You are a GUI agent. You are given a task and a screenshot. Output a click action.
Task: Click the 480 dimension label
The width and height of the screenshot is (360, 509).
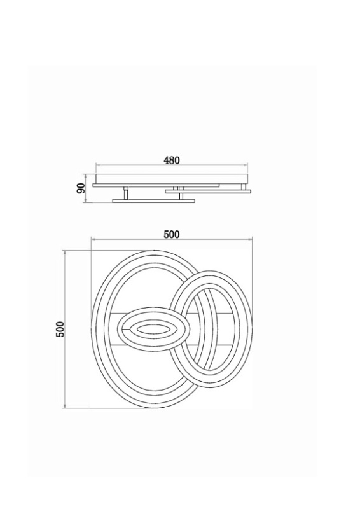coord(172,160)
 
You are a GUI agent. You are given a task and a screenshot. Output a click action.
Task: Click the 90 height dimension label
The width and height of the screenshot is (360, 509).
coord(81,188)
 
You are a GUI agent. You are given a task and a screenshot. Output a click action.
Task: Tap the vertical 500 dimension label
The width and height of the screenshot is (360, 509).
coord(60,330)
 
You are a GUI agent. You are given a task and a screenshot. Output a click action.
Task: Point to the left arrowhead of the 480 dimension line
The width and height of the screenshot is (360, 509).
coord(97,165)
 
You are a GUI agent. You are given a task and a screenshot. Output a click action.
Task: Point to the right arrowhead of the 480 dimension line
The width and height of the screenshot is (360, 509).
coord(247,165)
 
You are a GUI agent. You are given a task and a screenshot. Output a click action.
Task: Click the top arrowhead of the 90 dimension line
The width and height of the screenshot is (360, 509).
coord(85,176)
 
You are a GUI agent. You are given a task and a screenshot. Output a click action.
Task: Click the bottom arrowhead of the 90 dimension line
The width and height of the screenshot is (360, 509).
coord(85,201)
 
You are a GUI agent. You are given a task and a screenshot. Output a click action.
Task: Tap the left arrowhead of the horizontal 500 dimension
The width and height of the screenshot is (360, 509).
coord(93,239)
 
